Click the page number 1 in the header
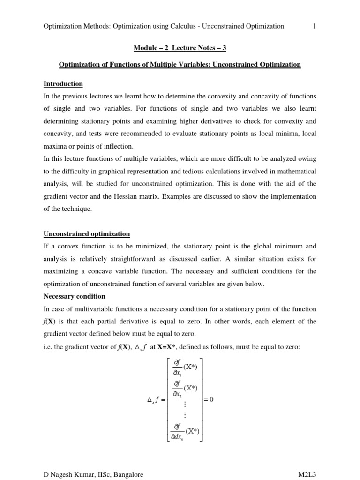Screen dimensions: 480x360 coord(315,26)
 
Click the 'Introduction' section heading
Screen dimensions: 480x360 coord(63,84)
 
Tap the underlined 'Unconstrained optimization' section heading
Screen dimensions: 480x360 coord(87,234)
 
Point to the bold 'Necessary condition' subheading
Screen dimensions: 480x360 coord(75,296)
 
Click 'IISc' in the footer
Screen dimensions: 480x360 coord(99,475)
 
